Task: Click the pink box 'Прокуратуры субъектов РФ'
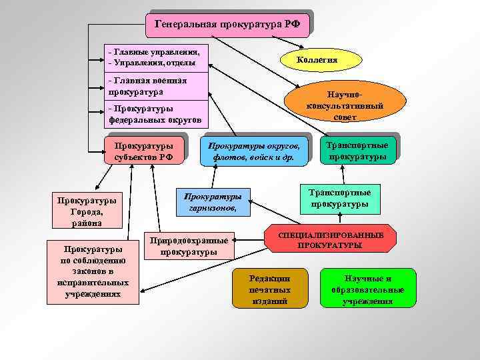(x=143, y=151)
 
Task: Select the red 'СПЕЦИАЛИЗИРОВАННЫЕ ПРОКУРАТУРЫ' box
(x=331, y=240)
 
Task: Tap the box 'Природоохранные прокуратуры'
(x=190, y=246)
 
